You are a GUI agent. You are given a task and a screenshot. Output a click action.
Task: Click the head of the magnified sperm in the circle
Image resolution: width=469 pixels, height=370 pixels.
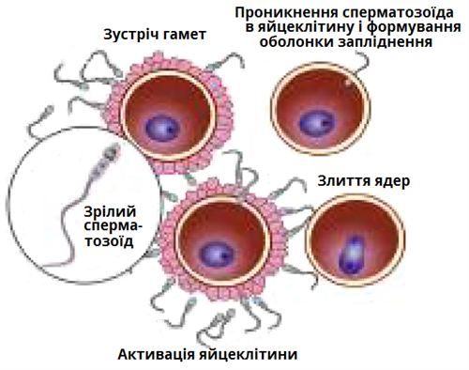click(x=113, y=150)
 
